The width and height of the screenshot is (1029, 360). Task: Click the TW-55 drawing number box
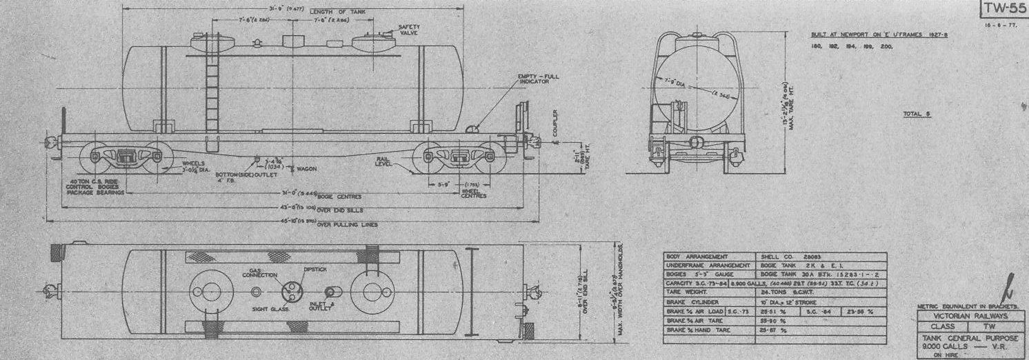coord(1003,9)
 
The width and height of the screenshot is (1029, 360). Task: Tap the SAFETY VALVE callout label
coord(410,30)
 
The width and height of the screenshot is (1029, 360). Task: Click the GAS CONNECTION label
coord(259,272)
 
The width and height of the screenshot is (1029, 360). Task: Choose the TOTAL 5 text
coord(916,114)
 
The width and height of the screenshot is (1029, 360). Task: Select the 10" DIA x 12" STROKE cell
coord(794,301)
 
